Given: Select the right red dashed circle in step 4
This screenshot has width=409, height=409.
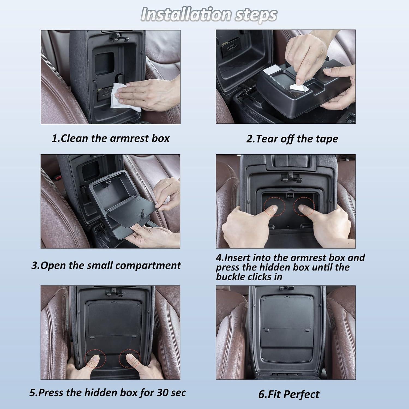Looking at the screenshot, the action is [304, 206].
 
